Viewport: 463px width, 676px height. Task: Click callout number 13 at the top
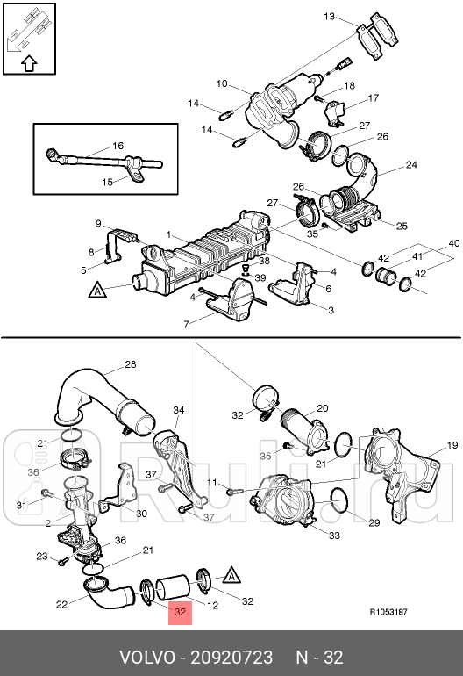[330, 17]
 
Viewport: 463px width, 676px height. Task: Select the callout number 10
[222, 83]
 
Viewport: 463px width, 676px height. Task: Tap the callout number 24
[411, 164]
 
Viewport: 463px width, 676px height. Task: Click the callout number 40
[453, 242]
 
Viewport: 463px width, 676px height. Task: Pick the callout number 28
[130, 364]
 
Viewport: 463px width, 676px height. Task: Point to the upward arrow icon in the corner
[27, 62]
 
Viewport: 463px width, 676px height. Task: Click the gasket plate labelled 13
[378, 40]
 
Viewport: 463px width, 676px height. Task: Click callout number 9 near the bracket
[99, 224]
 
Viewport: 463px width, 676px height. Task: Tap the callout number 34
[179, 410]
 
